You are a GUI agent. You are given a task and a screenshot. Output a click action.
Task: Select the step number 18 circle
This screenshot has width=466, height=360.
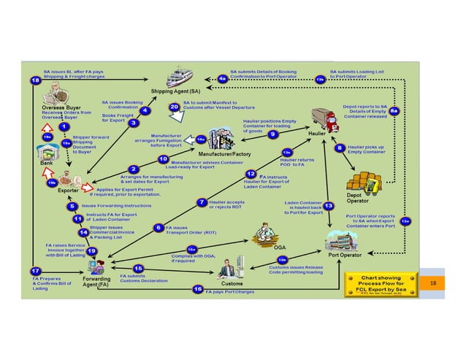pos(36,81)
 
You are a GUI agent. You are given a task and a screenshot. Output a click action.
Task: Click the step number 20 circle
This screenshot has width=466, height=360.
pos(174,107)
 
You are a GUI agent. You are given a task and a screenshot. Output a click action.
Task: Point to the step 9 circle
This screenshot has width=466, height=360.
pos(272,134)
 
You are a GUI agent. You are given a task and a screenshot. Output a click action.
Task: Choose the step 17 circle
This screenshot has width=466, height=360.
pos(35,270)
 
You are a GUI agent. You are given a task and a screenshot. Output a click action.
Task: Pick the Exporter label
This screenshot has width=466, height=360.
pos(69,189)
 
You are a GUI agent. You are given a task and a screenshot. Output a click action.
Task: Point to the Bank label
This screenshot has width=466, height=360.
pos(47,164)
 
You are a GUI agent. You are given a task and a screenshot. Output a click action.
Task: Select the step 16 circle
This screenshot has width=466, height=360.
pos(197,289)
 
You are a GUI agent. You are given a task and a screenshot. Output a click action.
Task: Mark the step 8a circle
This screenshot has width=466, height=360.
pos(394,110)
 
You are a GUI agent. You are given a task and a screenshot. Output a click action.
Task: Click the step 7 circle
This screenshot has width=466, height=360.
pos(201,202)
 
